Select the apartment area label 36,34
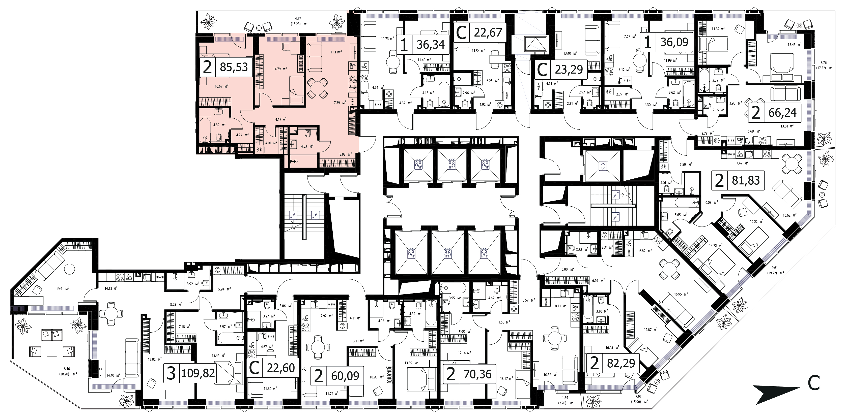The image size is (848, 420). coord(431,44)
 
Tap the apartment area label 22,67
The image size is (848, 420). coord(488,33)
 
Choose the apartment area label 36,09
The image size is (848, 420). coord(674,42)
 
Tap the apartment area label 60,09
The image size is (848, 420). coord(345,376)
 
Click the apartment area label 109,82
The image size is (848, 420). coord(198,373)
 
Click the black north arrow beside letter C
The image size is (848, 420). coord(777,394)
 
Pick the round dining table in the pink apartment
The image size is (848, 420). coord(317,88)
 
